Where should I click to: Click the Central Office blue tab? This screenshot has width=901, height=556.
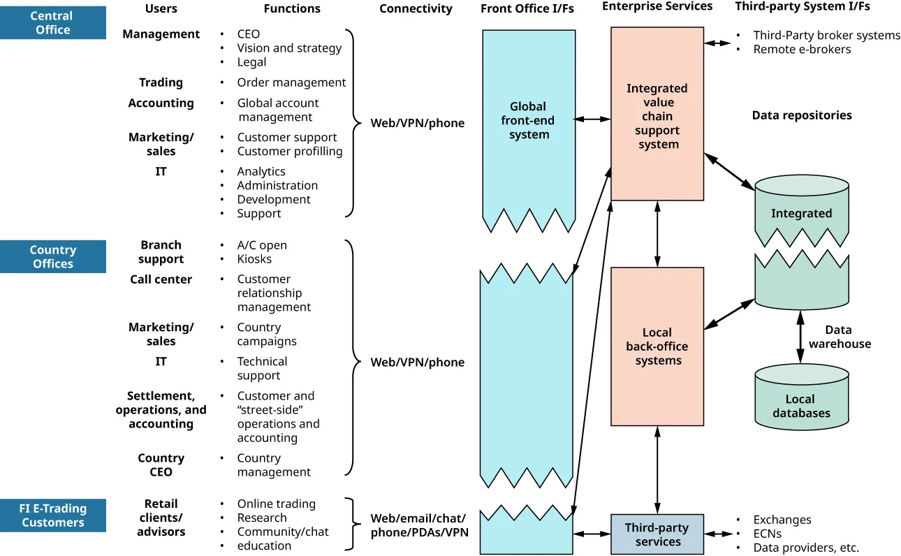(x=53, y=22)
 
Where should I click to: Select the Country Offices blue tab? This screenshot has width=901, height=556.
(x=53, y=256)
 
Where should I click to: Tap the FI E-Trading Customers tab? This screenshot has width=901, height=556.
(x=53, y=515)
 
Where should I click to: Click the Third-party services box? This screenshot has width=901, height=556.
(x=657, y=534)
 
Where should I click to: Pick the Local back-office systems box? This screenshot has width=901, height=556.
(x=657, y=346)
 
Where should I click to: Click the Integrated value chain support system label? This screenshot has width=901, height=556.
(x=657, y=116)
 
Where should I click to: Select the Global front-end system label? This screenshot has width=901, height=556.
(x=529, y=120)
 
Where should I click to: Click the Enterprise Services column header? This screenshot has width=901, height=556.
(x=657, y=6)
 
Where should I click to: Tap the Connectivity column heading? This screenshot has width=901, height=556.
(x=416, y=9)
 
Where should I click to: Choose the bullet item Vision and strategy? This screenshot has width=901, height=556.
(x=289, y=48)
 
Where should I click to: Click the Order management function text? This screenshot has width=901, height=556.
(x=291, y=82)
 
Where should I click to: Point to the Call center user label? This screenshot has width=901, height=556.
(x=161, y=279)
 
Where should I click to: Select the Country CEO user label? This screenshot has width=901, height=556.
(x=161, y=465)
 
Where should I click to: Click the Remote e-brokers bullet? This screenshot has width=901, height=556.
(x=802, y=50)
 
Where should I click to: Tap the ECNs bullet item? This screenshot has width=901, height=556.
(x=767, y=534)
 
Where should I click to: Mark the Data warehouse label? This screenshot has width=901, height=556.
(x=839, y=337)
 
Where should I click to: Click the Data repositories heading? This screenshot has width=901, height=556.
(x=802, y=115)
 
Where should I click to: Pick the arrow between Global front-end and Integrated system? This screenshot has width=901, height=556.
(x=593, y=119)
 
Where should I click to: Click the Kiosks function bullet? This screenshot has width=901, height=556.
(x=254, y=259)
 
